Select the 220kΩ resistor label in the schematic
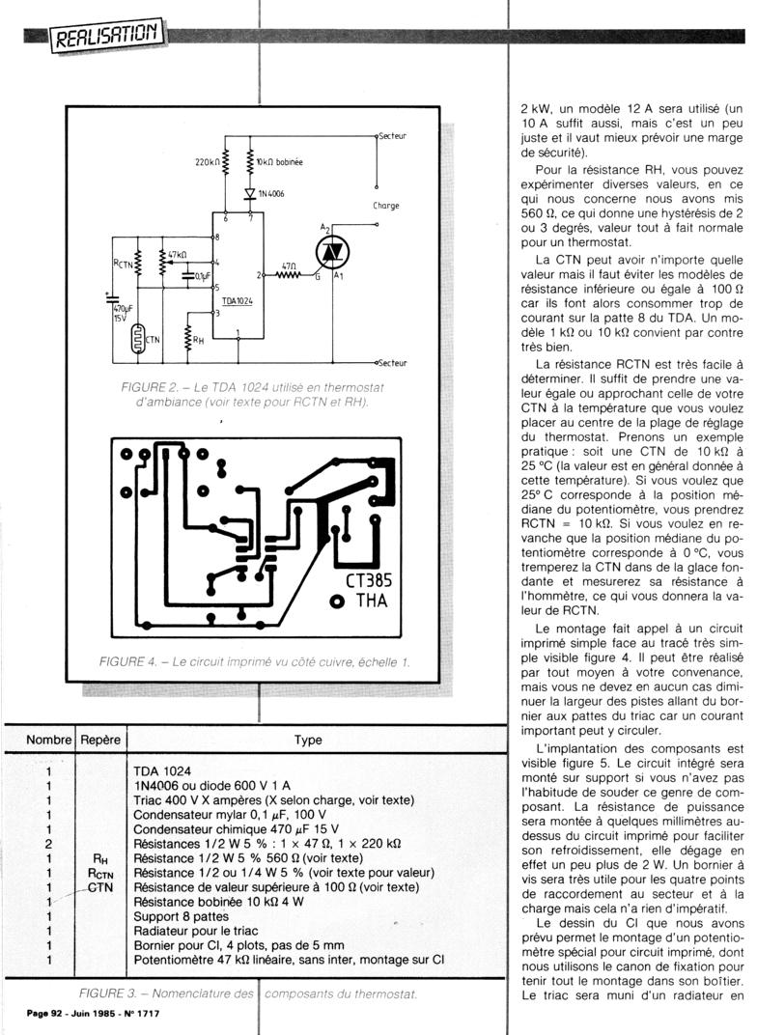tap(208, 160)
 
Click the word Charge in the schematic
tap(385, 206)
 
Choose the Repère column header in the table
tap(99, 741)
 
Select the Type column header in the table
tap(308, 741)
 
